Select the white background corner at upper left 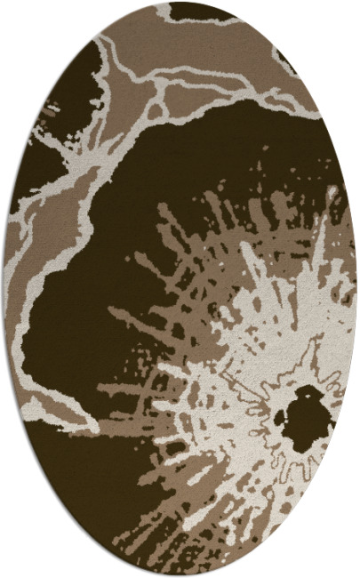[x=18, y=18]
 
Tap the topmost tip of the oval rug [x=180, y=3]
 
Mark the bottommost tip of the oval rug [x=180, y=575]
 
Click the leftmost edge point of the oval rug [x=4, y=289]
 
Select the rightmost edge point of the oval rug [x=356, y=289]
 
